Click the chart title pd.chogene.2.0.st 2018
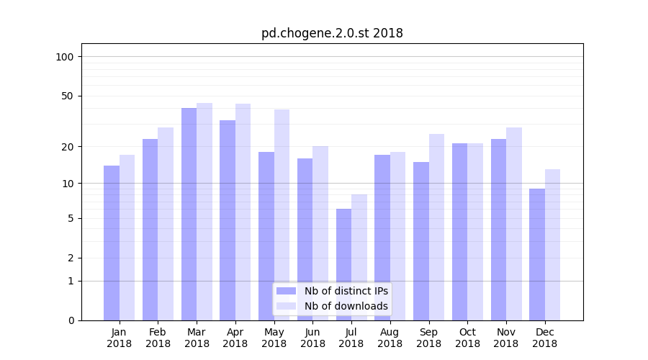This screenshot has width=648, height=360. pos(332,33)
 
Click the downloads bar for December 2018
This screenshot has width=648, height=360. pos(552,245)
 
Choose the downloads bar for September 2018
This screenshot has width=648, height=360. pos(436,227)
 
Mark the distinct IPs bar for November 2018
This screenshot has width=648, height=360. pos(498,230)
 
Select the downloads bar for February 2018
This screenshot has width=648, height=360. pos(166,224)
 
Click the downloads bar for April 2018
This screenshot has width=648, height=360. pos(243,212)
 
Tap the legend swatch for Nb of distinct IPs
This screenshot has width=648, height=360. pos(286,291)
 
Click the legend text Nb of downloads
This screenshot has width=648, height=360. pos(346,306)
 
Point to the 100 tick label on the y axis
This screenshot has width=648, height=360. pos(65,57)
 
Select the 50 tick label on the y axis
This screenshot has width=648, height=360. pos(67,96)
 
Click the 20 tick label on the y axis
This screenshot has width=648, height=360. pos(67,147)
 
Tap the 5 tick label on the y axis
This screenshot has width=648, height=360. pos(70,218)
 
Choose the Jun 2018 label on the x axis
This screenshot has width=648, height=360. pos(312,338)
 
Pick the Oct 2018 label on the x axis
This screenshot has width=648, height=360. pos(467,338)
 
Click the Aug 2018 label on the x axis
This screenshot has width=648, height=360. pos(390,338)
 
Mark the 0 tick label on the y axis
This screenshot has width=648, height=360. pos(70,320)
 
